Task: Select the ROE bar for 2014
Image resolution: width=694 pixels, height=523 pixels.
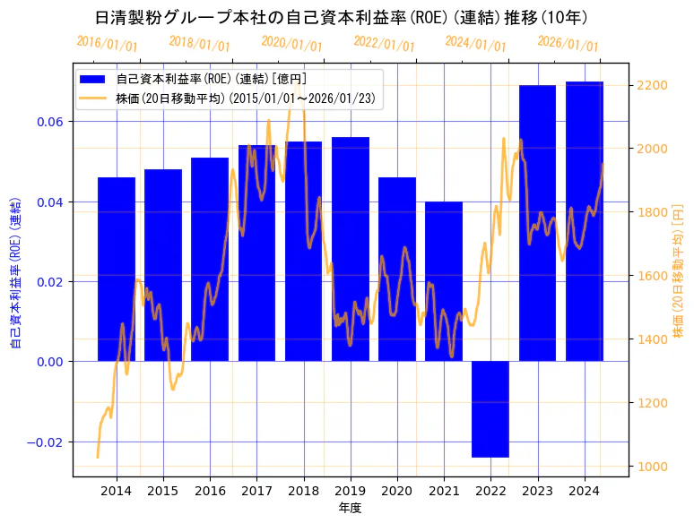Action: [117, 269]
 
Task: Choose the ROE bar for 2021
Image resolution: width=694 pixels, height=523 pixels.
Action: [444, 281]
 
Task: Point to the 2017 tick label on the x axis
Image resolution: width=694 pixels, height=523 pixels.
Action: [257, 491]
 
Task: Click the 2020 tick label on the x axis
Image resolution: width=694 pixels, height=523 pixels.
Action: [397, 491]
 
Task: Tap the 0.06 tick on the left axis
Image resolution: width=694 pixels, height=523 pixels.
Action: [49, 122]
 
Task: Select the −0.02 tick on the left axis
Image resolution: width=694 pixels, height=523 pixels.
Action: [46, 442]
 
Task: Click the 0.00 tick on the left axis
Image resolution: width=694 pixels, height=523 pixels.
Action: [49, 362]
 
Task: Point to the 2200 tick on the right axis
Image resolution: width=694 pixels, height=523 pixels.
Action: [651, 85]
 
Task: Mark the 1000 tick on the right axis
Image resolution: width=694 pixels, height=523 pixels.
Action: [651, 467]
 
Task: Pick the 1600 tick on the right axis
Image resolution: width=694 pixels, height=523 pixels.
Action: [651, 276]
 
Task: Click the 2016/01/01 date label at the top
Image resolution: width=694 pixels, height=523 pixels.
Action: [107, 44]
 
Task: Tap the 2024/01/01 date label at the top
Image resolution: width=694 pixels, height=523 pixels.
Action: [475, 44]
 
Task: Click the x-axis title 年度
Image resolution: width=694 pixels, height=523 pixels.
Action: [351, 508]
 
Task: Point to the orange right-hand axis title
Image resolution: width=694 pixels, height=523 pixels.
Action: [678, 270]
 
